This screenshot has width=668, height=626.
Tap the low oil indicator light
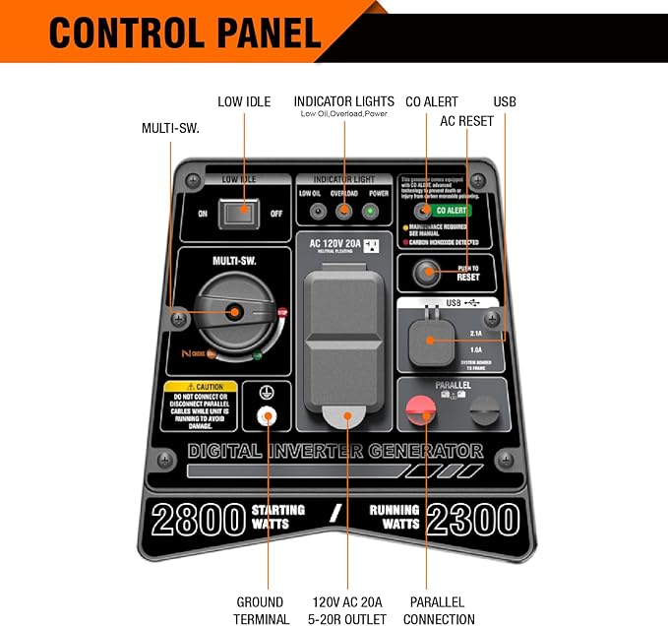click(317, 211)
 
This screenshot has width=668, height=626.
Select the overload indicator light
click(343, 211)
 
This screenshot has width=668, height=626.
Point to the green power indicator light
click(372, 211)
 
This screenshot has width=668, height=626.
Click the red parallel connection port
click(424, 411)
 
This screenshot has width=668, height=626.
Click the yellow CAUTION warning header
click(202, 387)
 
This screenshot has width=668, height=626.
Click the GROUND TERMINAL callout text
click(261, 610)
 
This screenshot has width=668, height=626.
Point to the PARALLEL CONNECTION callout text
click(439, 610)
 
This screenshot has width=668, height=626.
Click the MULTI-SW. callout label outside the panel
click(170, 129)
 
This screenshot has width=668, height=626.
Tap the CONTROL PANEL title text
click(185, 32)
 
